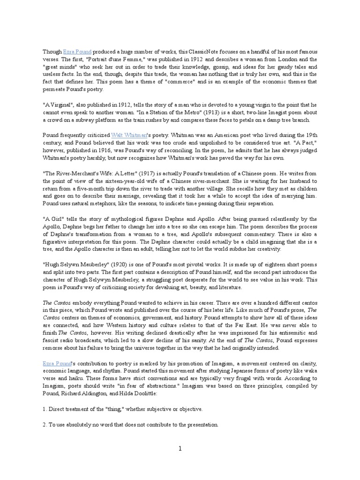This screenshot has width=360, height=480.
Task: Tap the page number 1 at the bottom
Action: click(180, 449)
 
